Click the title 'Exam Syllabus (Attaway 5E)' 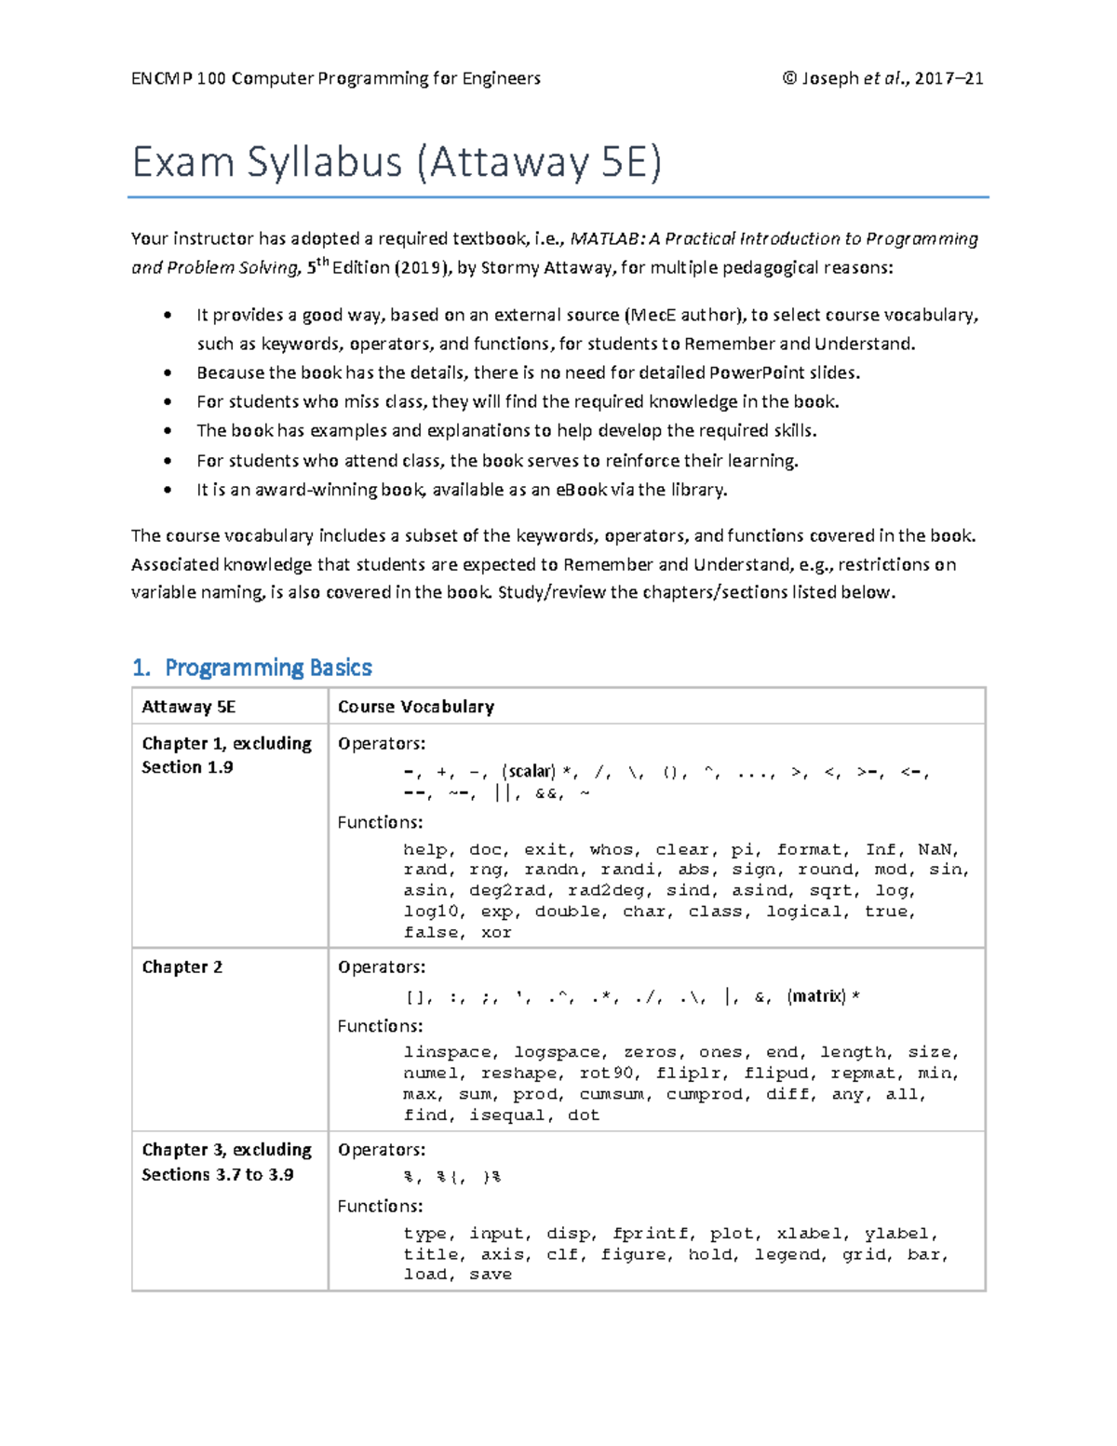point(397,162)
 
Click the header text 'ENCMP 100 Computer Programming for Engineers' point(336,78)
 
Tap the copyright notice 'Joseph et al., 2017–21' point(883,78)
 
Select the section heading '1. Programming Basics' point(252,668)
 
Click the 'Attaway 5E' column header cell point(189,707)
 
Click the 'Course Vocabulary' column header point(416,707)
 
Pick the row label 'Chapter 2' point(182,966)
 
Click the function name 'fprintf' point(651,1234)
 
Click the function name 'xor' point(496,933)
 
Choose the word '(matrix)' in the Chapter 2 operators point(816,996)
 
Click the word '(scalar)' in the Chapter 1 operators point(529,771)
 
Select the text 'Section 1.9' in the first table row point(187,767)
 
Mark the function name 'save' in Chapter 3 point(491,1275)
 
